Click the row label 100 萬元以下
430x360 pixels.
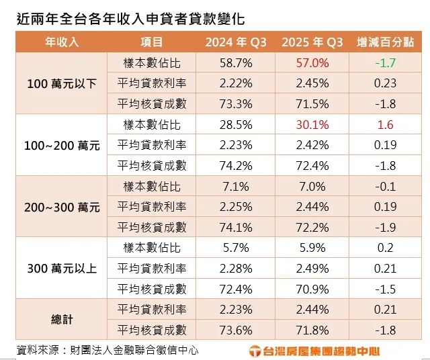(x=62, y=84)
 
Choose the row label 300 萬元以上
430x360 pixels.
(x=62, y=269)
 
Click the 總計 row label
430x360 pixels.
(x=62, y=320)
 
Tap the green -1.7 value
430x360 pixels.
(x=386, y=63)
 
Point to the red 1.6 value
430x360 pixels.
(x=386, y=125)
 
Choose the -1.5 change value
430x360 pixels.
(x=386, y=289)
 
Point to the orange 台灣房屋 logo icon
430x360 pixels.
(x=255, y=351)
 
